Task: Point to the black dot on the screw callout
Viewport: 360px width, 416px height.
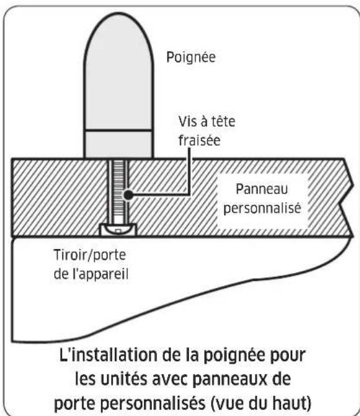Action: [x=129, y=193]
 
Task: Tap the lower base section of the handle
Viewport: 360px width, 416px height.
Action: [x=119, y=144]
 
